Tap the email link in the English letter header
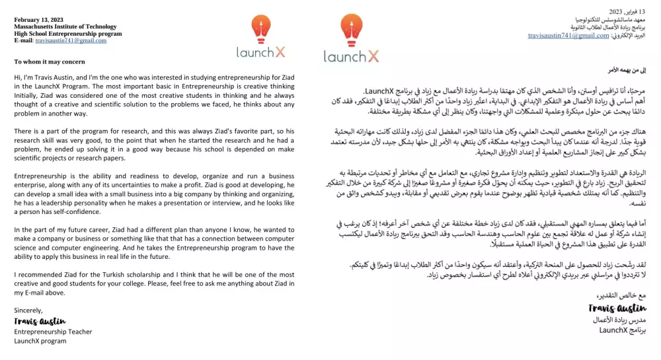click(71, 40)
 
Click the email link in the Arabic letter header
click(568, 36)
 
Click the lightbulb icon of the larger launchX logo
click(351, 30)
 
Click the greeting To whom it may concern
click(50, 62)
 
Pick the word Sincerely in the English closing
click(28, 310)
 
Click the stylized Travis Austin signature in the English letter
click(39, 321)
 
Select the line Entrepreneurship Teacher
click(53, 332)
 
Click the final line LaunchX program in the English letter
click(40, 341)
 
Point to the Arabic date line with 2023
click(625, 12)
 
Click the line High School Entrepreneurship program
click(68, 34)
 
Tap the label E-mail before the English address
click(23, 40)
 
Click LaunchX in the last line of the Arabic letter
click(613, 329)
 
